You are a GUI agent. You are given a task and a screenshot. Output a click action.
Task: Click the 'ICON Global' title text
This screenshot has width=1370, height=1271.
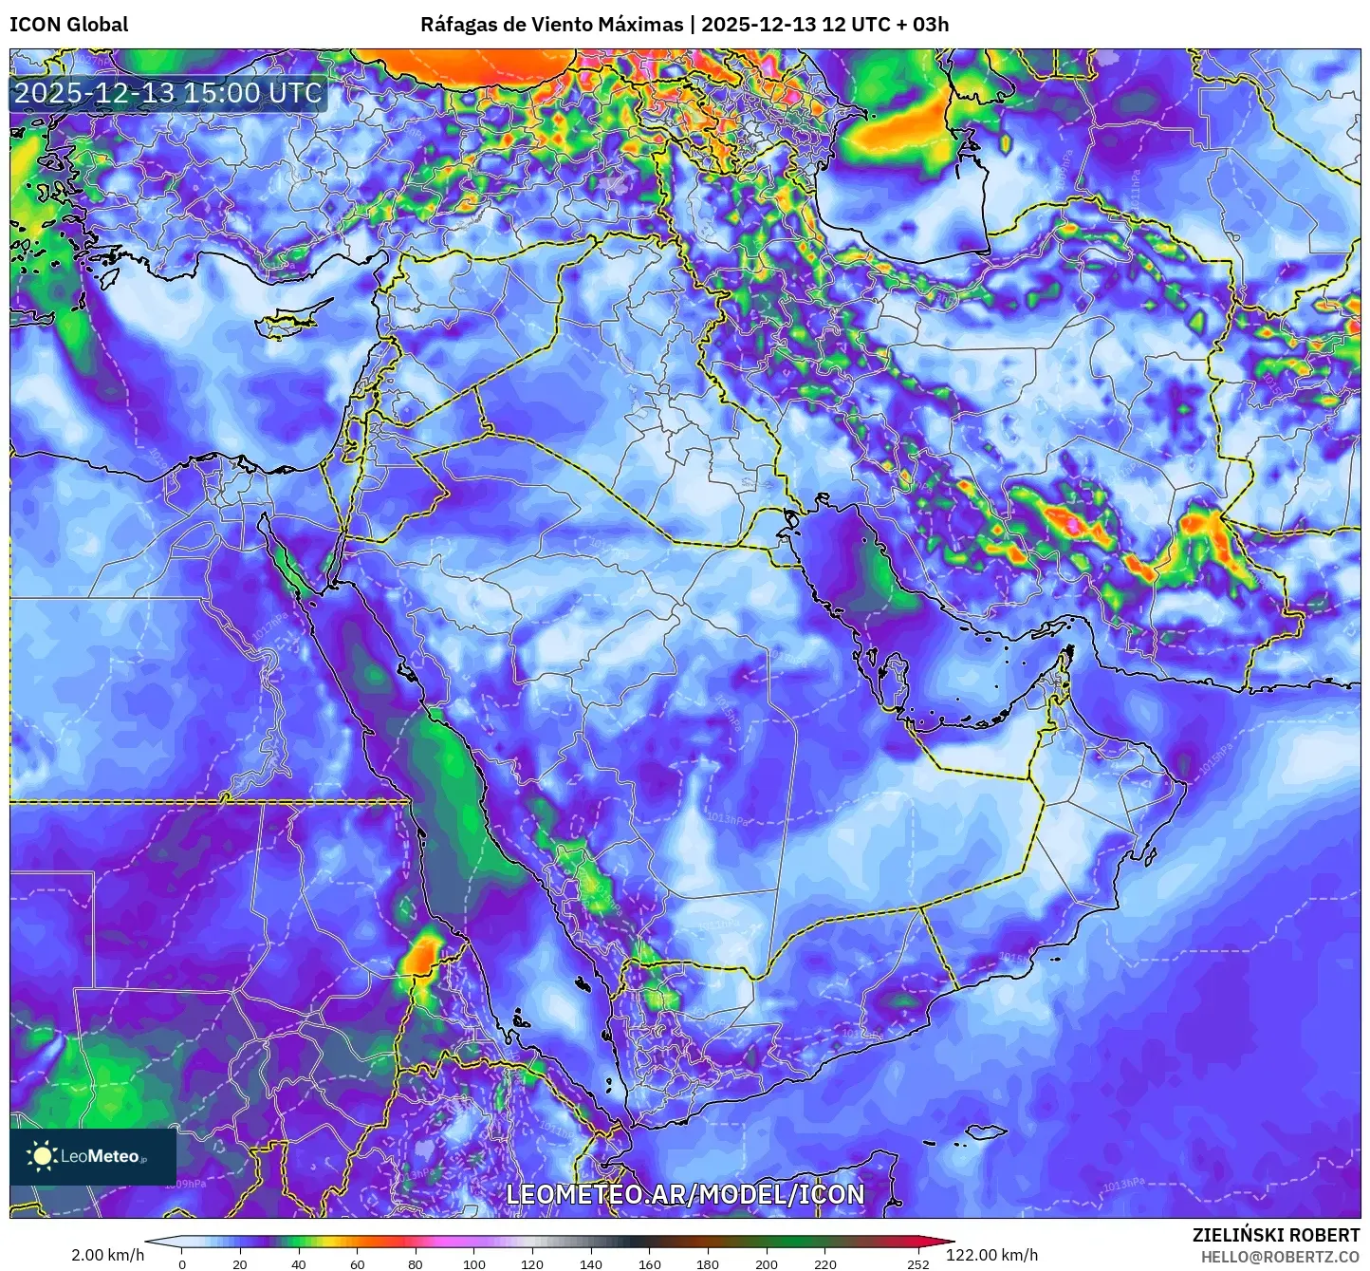68,25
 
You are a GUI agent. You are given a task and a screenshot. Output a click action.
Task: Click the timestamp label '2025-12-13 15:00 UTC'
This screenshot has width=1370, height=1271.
168,93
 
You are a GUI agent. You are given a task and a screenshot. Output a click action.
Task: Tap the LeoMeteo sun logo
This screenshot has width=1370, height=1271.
43,1155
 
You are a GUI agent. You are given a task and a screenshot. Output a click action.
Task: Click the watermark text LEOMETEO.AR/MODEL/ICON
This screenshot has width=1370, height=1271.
685,1194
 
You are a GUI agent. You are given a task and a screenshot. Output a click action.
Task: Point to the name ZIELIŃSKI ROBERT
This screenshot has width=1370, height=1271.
1275,1235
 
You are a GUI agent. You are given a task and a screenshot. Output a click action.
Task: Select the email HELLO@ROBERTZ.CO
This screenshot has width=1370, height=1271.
1280,1257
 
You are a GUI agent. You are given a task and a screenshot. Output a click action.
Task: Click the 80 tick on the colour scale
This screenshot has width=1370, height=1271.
416,1263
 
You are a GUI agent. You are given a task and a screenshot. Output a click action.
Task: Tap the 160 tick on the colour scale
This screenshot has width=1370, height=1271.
650,1263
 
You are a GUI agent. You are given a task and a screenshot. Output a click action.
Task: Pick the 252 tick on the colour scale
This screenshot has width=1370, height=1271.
918,1263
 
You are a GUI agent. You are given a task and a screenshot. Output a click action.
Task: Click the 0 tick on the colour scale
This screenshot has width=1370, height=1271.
182,1263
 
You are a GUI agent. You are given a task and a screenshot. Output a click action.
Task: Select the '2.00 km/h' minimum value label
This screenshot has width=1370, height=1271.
108,1255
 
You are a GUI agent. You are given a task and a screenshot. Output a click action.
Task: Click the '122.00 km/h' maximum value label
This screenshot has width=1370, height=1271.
991,1255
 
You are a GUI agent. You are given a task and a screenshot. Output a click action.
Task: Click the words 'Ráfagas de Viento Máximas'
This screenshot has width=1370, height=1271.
551,25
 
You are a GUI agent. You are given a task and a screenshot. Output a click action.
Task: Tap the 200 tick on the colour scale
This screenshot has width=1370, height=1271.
767,1263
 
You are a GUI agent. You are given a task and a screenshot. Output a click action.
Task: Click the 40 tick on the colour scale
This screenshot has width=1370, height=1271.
299,1263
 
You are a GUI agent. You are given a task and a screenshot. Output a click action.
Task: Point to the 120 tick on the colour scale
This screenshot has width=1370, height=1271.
532,1263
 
